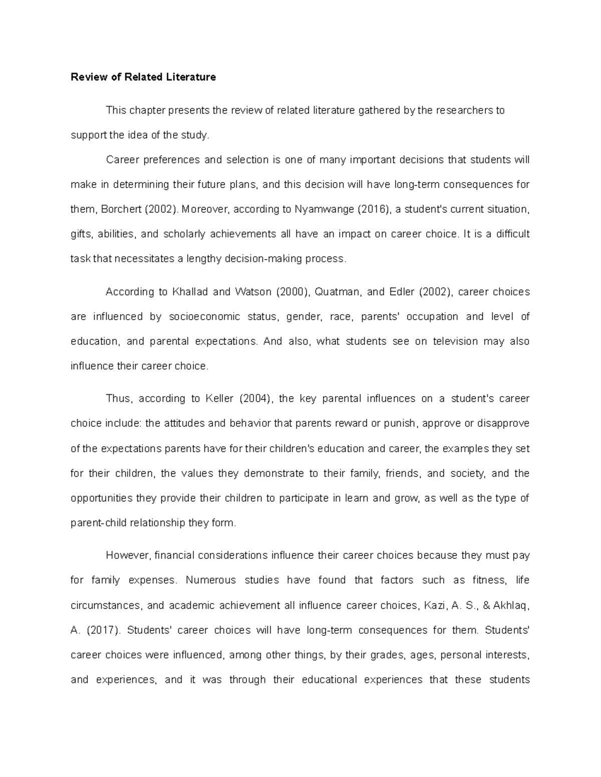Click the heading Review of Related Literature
[x=143, y=77]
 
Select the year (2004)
[x=256, y=399]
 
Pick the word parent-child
[x=99, y=523]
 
